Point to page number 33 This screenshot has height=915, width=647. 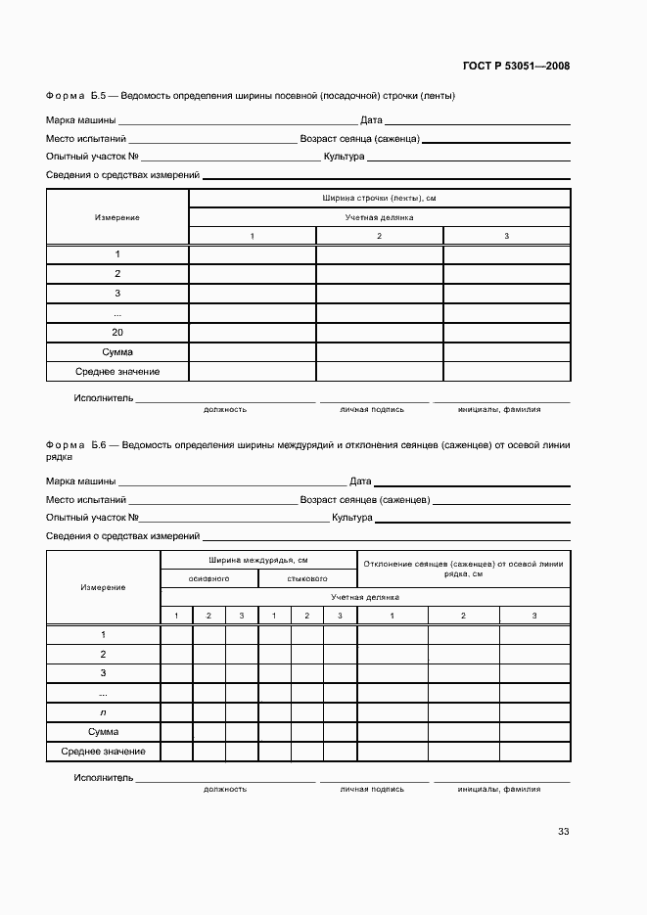click(563, 832)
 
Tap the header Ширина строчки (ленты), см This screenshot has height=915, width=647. click(379, 198)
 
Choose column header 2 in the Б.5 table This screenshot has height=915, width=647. click(379, 236)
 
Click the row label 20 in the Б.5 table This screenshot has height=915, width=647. click(117, 333)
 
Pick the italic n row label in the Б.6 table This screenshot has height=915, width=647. click(103, 712)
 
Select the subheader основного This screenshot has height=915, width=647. click(208, 578)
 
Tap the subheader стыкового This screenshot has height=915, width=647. click(307, 578)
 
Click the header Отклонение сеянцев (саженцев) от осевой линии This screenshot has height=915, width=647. click(463, 564)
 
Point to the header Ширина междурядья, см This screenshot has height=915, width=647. click(258, 560)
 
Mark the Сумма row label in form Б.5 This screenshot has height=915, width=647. click(117, 352)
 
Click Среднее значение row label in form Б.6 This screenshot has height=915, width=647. click(103, 752)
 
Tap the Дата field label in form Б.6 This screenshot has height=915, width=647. click(360, 481)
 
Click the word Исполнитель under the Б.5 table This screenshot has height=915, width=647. click(103, 398)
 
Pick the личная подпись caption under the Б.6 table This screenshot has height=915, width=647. click(372, 788)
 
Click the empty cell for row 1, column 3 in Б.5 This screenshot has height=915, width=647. click(507, 254)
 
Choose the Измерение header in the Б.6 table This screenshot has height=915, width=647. click(103, 587)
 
